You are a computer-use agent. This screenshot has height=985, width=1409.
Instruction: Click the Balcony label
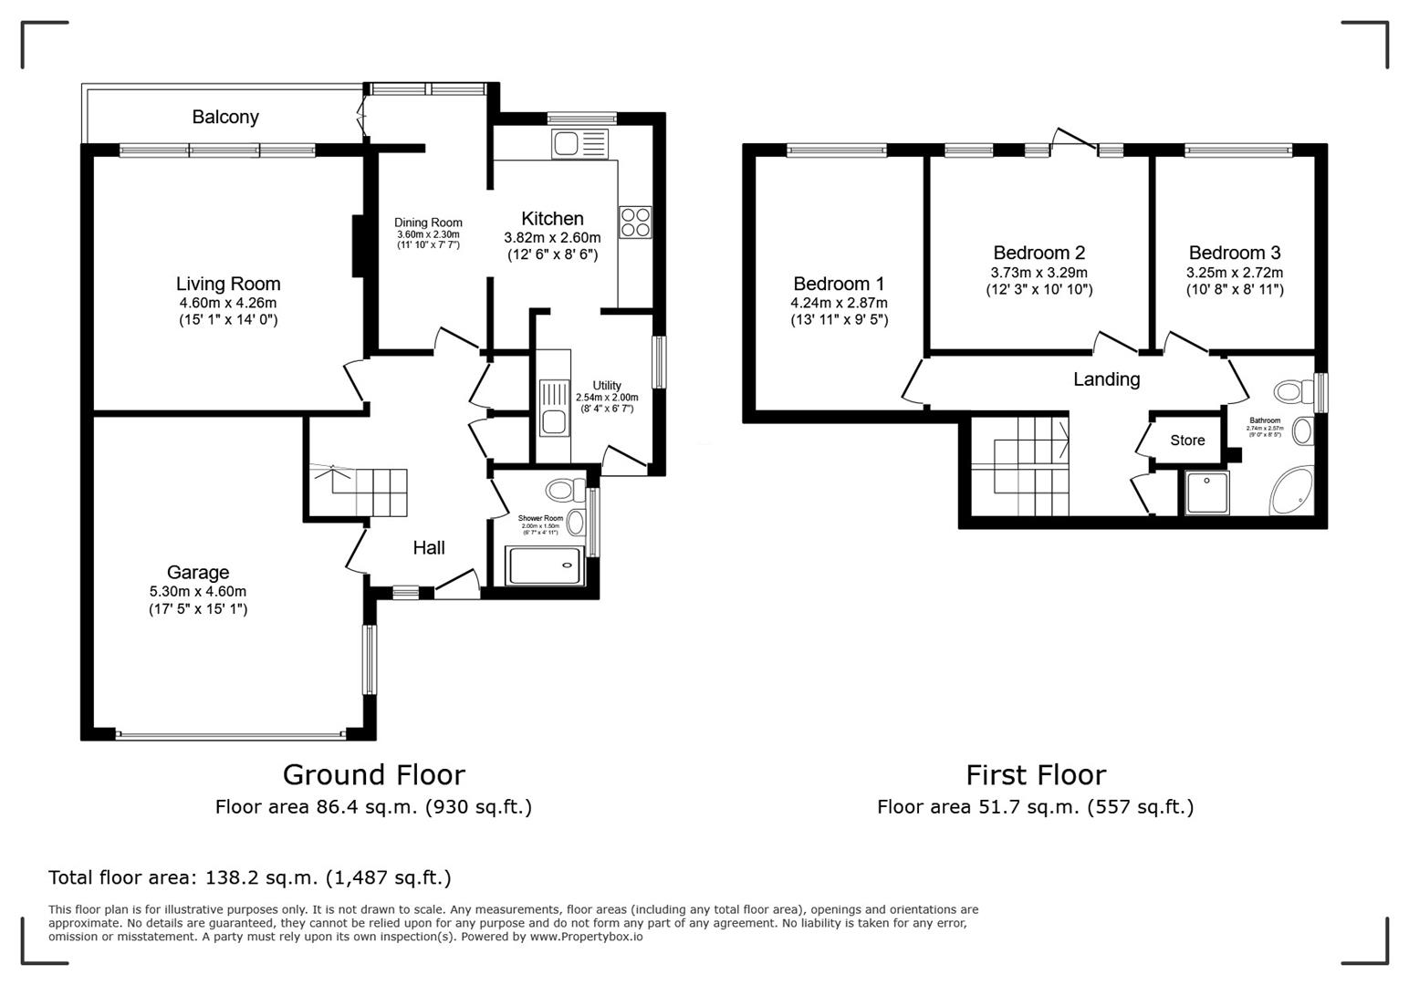pos(225,117)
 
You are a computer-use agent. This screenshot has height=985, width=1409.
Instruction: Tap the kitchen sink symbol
pos(579,144)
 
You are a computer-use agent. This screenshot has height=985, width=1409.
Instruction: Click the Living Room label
pos(228,284)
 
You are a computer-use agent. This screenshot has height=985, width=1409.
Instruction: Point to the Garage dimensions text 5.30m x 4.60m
pos(198,591)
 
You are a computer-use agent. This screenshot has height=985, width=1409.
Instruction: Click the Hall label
pos(429,547)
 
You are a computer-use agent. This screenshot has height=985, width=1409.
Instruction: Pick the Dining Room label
pos(428,223)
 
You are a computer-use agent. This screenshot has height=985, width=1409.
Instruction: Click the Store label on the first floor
pos(1187,441)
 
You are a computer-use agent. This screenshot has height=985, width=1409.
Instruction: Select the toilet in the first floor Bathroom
pos(1290,392)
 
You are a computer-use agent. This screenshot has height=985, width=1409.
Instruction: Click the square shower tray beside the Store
pos(1206,493)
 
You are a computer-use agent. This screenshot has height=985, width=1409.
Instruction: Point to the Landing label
pos(1106,379)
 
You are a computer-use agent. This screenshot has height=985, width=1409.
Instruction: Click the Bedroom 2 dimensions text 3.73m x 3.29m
pos(1038,273)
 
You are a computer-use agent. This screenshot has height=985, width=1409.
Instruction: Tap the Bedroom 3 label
pos(1234,253)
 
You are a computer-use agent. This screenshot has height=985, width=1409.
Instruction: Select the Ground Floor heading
pos(373,774)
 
